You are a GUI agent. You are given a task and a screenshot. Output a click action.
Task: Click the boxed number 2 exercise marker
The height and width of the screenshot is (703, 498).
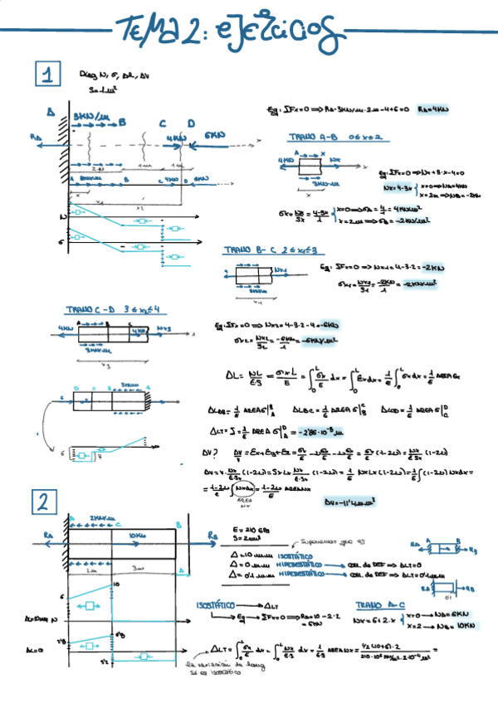click(x=43, y=502)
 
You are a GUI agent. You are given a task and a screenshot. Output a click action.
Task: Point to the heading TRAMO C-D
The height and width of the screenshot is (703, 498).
click(x=95, y=310)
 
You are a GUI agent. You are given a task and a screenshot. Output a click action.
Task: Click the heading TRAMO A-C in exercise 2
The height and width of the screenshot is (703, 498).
click(x=379, y=605)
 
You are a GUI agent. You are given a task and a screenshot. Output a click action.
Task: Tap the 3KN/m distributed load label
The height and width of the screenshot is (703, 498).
click(x=87, y=115)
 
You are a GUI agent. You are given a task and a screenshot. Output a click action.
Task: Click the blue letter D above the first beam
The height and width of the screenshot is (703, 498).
click(x=190, y=124)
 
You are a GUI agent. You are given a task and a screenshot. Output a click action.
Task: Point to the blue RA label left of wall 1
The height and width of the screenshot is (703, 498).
click(x=35, y=138)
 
